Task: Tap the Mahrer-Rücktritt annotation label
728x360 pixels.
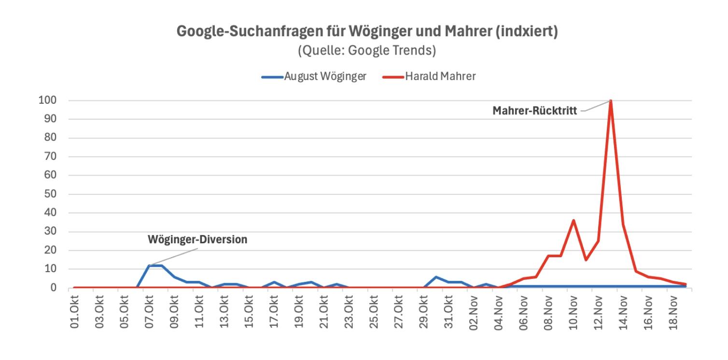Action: (x=534, y=111)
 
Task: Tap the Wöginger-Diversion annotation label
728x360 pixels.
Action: (x=197, y=240)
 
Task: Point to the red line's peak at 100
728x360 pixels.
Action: (x=611, y=101)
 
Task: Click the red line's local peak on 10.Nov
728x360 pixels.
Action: (x=574, y=221)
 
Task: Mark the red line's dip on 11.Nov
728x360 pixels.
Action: (x=586, y=260)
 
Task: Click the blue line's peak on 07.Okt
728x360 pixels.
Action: (x=149, y=265)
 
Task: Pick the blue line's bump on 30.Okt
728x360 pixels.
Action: (x=436, y=277)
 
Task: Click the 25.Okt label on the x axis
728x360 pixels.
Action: (x=374, y=314)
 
